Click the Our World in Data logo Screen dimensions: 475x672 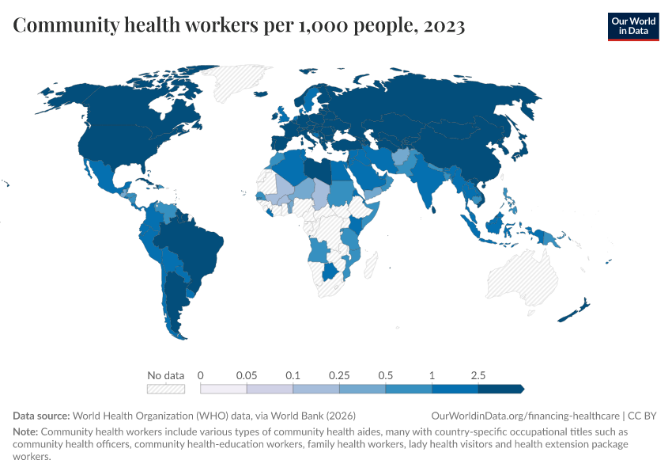[x=632, y=25]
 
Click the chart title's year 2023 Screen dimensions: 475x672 [x=444, y=26]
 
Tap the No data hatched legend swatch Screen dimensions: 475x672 [x=165, y=389]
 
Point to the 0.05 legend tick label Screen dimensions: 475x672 [x=247, y=374]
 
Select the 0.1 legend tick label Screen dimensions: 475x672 [x=293, y=374]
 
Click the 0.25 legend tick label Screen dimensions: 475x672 [x=339, y=374]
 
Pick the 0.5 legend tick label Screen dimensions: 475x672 [x=386, y=374]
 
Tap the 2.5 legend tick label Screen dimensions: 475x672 [x=478, y=374]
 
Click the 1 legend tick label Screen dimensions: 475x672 [x=432, y=374]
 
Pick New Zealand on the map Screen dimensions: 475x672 [x=575, y=311]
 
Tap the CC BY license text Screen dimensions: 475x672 [x=641, y=416]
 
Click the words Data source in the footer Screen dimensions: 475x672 [x=42, y=416]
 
